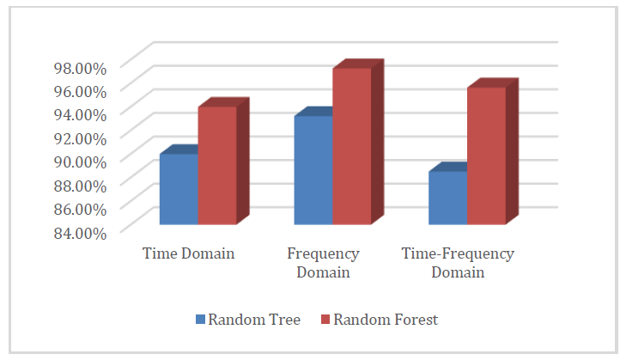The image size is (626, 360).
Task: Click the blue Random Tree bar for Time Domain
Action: pyautogui.click(x=179, y=188)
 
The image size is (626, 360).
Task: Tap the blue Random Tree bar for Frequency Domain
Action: pyautogui.click(x=313, y=170)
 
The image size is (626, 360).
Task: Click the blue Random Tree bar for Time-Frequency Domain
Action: pyautogui.click(x=448, y=198)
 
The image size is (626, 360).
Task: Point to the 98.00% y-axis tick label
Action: pyautogui.click(x=80, y=69)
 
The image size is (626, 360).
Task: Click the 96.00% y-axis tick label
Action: pyautogui.click(x=80, y=91)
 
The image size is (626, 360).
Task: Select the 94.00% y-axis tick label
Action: pyautogui.click(x=80, y=115)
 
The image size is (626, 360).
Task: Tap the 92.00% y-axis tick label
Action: pyautogui.click(x=80, y=138)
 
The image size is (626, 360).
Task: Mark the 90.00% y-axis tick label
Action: pyautogui.click(x=80, y=162)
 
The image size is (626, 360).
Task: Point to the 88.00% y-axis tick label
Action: pyautogui.click(x=80, y=186)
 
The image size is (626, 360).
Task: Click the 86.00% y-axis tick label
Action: pyautogui.click(x=80, y=209)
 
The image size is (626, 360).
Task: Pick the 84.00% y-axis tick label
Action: pyautogui.click(x=80, y=233)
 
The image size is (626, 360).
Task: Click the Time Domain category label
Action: pyautogui.click(x=188, y=253)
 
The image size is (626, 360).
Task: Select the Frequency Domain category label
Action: pyautogui.click(x=323, y=263)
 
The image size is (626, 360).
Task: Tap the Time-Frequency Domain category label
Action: pyautogui.click(x=458, y=263)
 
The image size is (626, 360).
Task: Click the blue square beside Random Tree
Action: pyautogui.click(x=200, y=320)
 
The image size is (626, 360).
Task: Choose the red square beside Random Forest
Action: pyautogui.click(x=325, y=320)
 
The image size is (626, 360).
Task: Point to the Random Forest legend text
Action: pyautogui.click(x=386, y=320)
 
